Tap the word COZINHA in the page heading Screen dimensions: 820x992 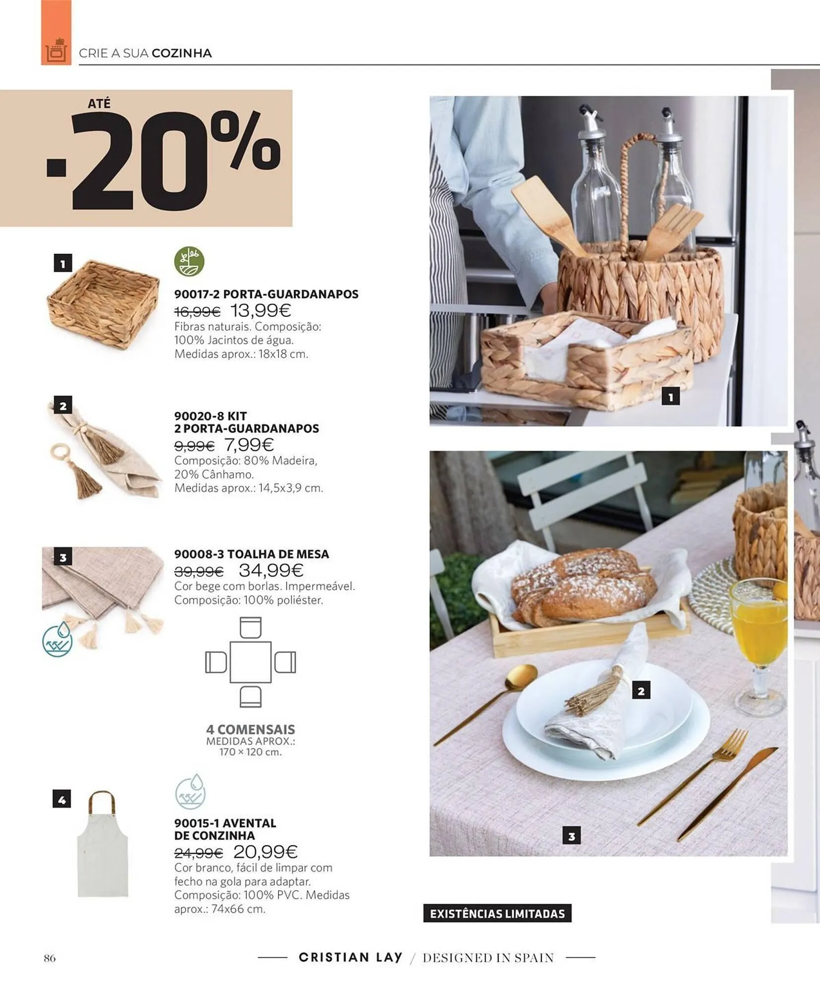coord(182,53)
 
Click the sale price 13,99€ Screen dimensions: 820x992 coord(261,311)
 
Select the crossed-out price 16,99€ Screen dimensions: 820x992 coord(197,312)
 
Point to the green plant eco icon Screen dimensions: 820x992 coord(189,261)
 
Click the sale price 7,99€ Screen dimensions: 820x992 coord(249,445)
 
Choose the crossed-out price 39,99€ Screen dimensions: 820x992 coord(199,572)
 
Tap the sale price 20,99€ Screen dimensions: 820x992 coord(266,852)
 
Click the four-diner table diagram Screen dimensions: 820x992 coord(251,662)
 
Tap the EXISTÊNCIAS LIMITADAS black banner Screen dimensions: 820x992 coord(497,913)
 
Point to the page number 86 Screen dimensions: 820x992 coord(50,958)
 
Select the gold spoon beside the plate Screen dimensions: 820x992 coord(486,704)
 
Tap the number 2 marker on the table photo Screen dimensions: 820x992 coord(641,690)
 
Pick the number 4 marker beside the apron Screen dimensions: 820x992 coord(62,799)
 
